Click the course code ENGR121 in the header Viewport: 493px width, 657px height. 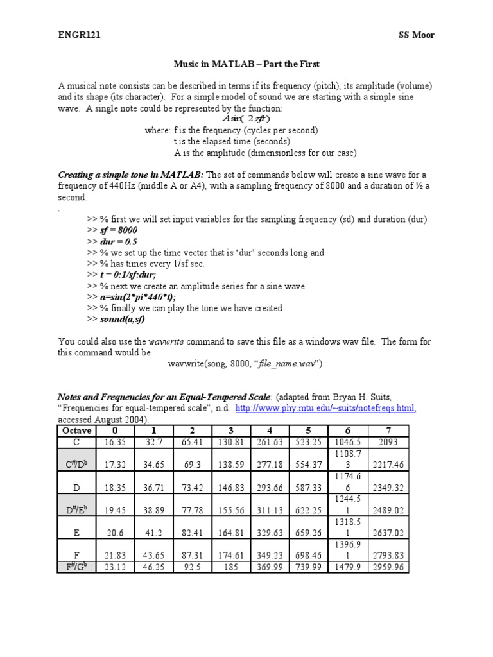click(79, 35)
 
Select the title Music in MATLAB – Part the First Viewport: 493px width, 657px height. click(246, 64)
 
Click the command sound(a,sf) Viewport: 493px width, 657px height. click(122, 319)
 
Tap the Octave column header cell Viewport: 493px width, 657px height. click(76, 430)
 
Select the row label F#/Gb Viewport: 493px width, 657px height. click(76, 567)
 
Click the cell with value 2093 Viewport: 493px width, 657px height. click(387, 442)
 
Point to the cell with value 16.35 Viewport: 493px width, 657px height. click(115, 442)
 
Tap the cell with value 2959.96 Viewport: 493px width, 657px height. click(387, 567)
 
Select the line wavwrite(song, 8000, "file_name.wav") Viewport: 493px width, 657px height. click(245, 364)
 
